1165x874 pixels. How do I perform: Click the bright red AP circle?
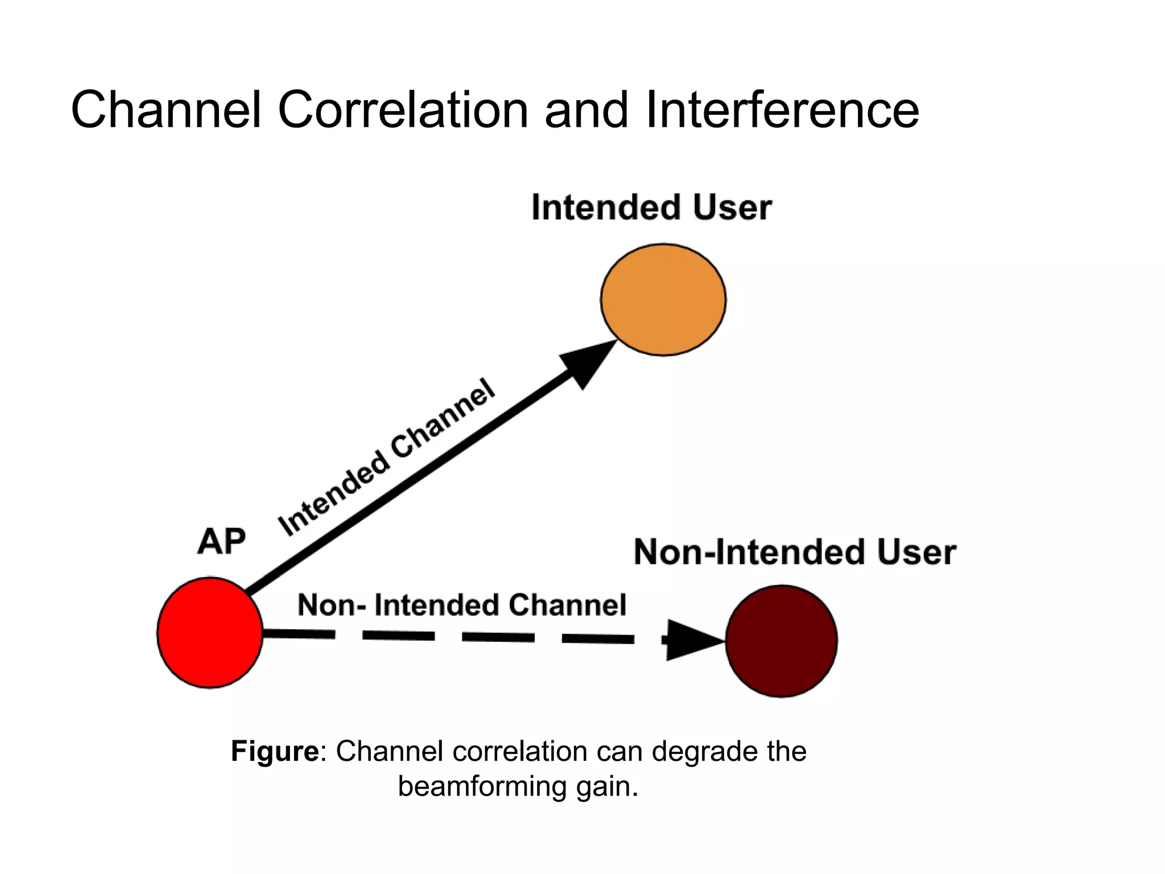coord(210,633)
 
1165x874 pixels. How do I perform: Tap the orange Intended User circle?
coord(663,300)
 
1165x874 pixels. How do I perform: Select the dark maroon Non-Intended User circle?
coord(781,641)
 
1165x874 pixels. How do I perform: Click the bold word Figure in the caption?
coord(275,751)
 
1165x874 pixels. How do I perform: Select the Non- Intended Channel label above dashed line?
coord(461,604)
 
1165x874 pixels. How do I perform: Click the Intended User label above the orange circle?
coord(651,207)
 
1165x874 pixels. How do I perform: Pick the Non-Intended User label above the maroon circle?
coord(795,552)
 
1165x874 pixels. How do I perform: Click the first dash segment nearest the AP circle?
coord(299,633)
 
